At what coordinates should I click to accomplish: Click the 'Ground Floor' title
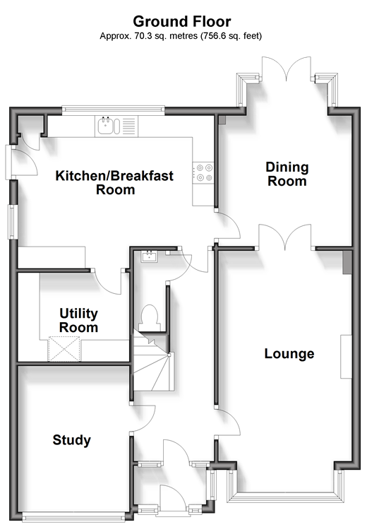[x=181, y=21]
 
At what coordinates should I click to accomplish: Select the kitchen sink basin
[x=105, y=126]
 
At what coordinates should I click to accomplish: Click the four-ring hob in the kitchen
[x=204, y=172]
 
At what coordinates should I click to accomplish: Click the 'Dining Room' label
[x=287, y=174]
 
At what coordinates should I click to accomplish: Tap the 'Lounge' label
[x=289, y=354]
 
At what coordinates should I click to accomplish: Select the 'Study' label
[x=71, y=440]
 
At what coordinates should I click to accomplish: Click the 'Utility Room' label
[x=78, y=320]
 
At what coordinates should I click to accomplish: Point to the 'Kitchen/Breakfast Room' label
[x=114, y=182]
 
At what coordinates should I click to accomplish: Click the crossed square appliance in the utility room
[x=64, y=349]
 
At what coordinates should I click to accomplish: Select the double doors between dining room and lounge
[x=285, y=237]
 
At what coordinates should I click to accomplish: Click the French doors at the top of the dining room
[x=287, y=69]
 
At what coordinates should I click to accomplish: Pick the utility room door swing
[x=107, y=283]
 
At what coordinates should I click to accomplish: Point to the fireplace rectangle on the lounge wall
[x=347, y=357]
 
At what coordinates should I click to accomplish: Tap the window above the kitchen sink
[x=113, y=109]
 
